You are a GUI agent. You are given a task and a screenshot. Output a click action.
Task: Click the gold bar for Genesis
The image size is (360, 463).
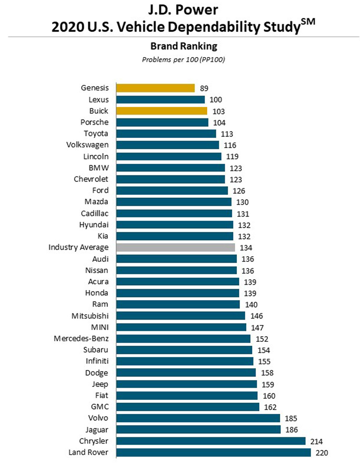155,88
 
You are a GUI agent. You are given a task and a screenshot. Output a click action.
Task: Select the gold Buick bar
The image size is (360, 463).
161,111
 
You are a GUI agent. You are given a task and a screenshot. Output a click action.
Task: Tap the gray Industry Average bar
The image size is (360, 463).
175,247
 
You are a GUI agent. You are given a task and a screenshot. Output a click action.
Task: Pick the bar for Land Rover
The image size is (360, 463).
213,452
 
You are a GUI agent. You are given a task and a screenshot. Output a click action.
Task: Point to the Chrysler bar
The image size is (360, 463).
210,441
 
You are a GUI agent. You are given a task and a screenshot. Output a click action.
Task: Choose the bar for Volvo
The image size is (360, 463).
198,418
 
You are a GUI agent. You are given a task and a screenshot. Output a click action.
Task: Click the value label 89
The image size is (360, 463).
203,88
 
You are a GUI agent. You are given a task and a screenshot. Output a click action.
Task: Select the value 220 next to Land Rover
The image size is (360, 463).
323,452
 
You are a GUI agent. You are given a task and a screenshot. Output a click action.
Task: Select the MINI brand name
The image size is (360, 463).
99,327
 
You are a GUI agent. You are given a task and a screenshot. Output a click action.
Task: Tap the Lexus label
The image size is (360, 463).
98,100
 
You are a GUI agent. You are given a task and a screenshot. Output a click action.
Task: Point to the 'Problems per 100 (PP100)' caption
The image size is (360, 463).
180,59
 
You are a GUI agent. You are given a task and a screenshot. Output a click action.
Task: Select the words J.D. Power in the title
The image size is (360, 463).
180,9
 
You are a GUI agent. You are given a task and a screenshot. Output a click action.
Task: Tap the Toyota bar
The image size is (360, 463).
166,134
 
